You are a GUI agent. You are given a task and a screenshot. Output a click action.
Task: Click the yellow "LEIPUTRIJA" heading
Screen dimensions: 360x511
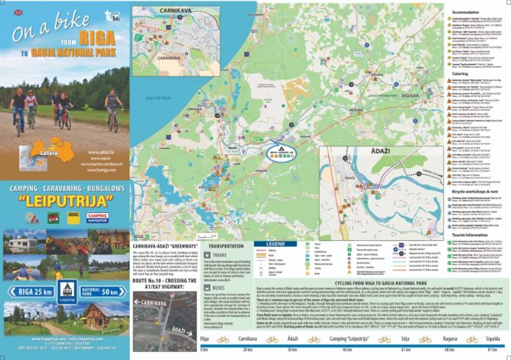[x=64, y=201]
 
